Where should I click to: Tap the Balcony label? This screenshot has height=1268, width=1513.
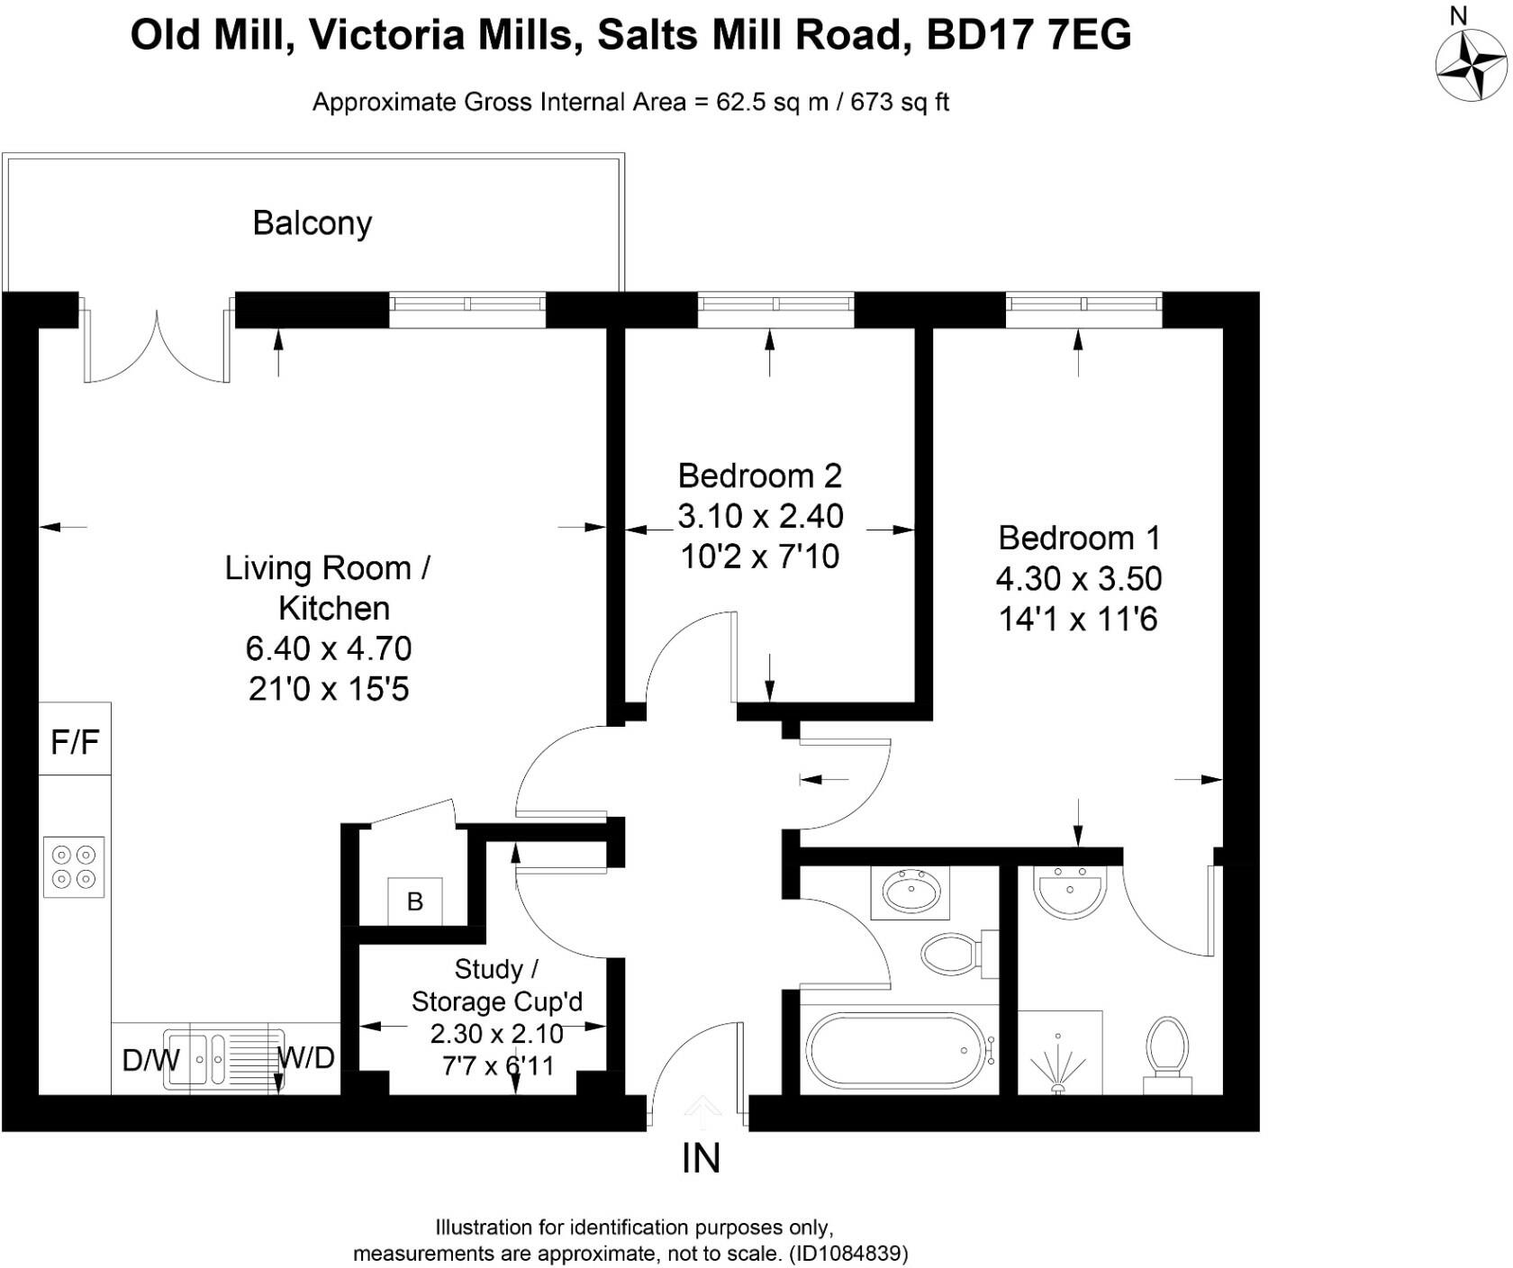tap(312, 223)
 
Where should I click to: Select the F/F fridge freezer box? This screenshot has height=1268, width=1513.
tap(75, 741)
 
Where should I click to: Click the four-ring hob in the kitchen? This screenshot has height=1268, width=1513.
tap(74, 866)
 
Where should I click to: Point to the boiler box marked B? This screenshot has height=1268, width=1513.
tap(414, 901)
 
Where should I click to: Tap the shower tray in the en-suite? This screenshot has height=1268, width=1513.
tap(1060, 1052)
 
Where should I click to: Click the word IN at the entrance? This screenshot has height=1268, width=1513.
tap(701, 1159)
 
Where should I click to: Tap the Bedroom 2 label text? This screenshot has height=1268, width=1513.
tap(759, 475)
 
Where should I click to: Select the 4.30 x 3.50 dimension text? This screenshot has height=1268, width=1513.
tap(1078, 578)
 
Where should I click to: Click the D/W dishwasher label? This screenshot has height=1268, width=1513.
tap(149, 1060)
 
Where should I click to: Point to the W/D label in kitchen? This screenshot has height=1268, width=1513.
tap(306, 1057)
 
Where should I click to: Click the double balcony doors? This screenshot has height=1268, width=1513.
tap(157, 347)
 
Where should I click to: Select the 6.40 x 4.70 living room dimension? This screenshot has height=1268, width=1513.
tap(329, 648)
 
